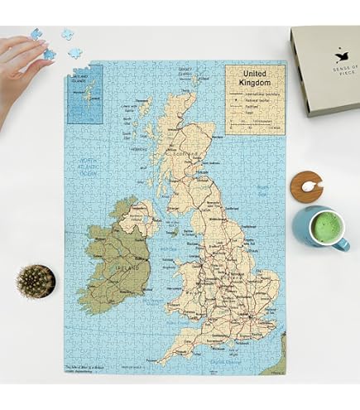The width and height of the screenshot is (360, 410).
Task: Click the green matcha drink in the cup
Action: pyautogui.click(x=330, y=226)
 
